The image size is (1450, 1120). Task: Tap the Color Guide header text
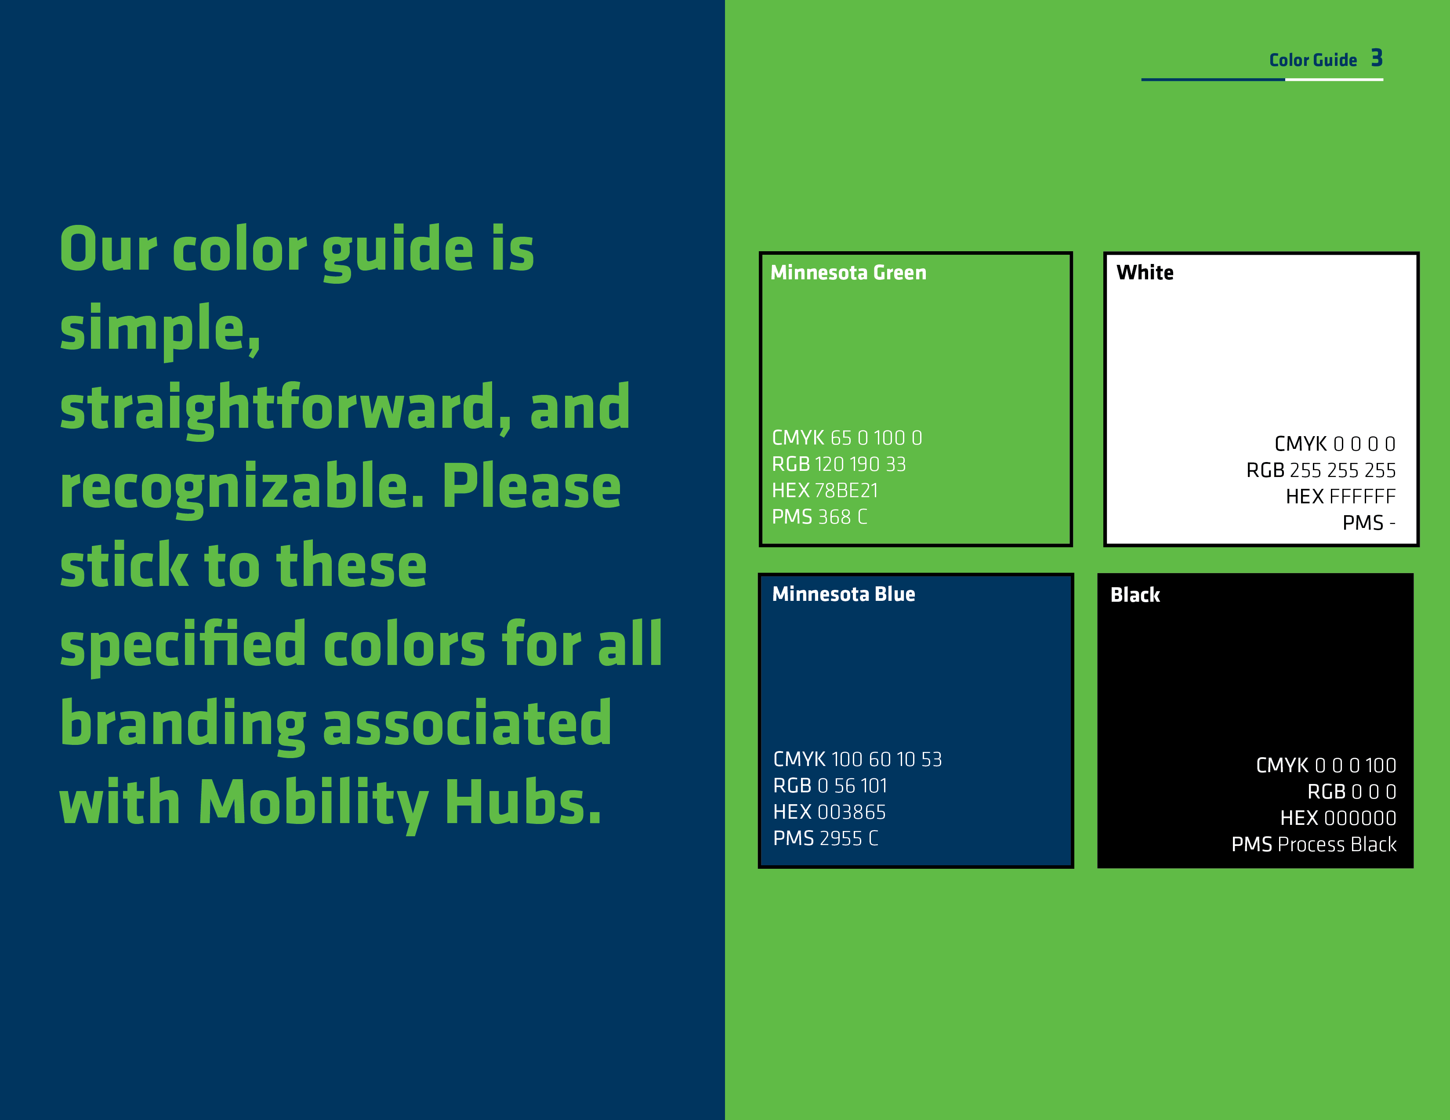[x=1312, y=60]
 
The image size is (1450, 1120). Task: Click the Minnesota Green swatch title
[x=848, y=273]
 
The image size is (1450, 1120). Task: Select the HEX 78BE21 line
[x=825, y=490]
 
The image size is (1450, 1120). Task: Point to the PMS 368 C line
[x=819, y=517]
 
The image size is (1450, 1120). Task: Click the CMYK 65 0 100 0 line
[x=847, y=438]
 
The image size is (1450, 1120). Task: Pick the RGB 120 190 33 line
[x=838, y=464]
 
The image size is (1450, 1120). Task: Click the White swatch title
[x=1145, y=273]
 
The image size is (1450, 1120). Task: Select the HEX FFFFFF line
[x=1341, y=496]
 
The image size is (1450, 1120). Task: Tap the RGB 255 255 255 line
[x=1320, y=470]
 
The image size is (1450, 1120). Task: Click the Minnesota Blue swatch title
[x=843, y=594]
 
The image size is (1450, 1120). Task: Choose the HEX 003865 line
[x=829, y=812]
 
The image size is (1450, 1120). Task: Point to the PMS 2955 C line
[x=825, y=838]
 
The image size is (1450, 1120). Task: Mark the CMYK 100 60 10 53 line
[x=857, y=759]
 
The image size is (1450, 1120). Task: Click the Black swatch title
[x=1135, y=595]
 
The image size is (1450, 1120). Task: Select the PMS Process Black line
[x=1313, y=845]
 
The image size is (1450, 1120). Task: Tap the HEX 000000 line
[x=1338, y=818]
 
